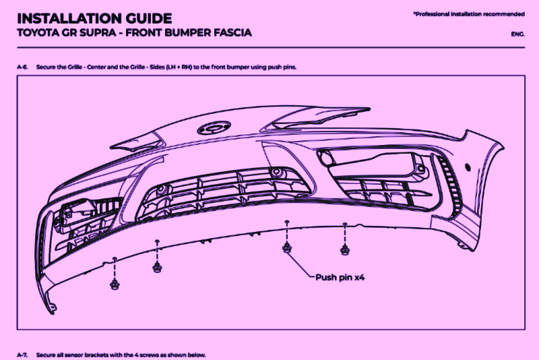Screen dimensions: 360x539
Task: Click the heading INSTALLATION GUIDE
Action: click(94, 18)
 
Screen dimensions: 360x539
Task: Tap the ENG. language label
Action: click(518, 33)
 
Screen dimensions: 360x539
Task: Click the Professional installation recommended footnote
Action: click(469, 13)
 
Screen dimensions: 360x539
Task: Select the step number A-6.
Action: click(24, 68)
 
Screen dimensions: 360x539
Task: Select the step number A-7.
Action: click(24, 354)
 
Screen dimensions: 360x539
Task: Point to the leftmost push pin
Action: click(115, 282)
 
